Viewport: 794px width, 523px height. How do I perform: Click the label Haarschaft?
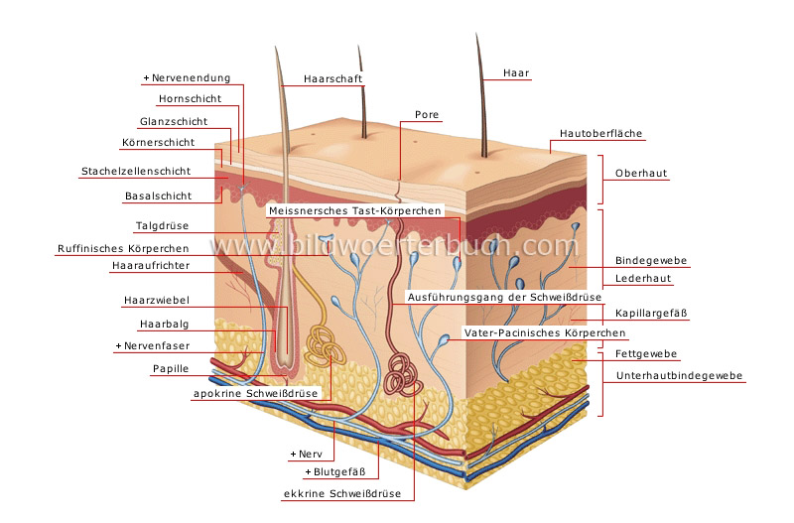[332, 78]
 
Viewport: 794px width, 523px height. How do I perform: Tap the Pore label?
[427, 115]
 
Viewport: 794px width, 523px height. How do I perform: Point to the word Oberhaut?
[641, 173]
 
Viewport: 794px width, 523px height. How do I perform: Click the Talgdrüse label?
[162, 226]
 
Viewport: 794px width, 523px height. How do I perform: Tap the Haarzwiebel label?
[157, 299]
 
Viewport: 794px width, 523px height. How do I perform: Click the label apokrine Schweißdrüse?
[254, 393]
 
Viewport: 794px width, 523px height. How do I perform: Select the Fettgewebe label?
[646, 353]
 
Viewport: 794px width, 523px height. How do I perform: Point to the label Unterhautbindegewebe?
[680, 376]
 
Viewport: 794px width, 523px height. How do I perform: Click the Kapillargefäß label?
[651, 313]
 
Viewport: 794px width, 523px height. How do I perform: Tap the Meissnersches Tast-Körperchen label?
[354, 211]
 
